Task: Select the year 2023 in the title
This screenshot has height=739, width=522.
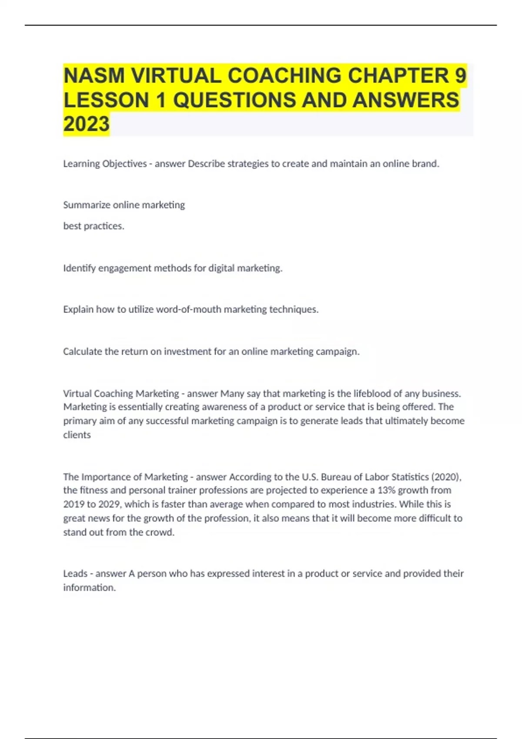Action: click(86, 124)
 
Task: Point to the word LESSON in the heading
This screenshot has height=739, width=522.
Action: click(106, 100)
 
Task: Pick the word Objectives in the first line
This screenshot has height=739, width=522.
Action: click(124, 163)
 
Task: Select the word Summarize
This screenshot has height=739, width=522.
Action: click(86, 205)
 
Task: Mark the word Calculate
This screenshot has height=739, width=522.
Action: click(82, 351)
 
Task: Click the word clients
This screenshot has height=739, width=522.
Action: click(77, 435)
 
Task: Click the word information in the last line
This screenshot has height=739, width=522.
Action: click(89, 588)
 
